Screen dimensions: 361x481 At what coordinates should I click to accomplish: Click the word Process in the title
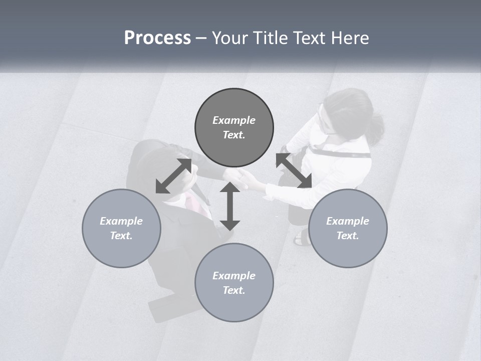click(x=157, y=38)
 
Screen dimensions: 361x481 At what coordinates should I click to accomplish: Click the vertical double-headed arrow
click(x=230, y=206)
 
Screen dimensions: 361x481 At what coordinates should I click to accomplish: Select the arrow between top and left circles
click(x=174, y=176)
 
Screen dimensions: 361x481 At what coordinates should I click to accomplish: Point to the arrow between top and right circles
click(x=294, y=170)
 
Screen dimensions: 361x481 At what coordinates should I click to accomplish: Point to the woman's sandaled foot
click(x=302, y=238)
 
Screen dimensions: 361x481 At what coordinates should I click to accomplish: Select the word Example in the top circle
click(x=234, y=120)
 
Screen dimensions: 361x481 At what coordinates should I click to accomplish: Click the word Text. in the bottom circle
click(x=234, y=290)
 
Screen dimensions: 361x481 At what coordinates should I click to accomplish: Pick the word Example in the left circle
click(x=121, y=221)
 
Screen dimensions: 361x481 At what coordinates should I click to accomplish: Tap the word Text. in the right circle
click(x=348, y=236)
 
